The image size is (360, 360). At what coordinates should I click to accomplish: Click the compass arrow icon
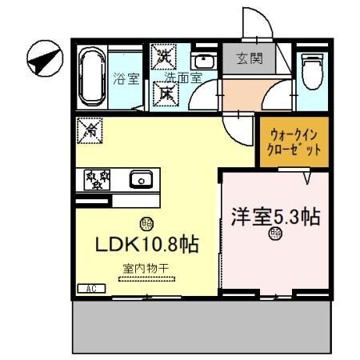[43, 58]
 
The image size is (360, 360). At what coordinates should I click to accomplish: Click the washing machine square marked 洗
[164, 57]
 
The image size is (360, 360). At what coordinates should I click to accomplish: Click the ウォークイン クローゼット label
[294, 142]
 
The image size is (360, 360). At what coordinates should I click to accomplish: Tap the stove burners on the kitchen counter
[96, 178]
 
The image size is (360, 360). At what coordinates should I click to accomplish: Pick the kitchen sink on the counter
[142, 179]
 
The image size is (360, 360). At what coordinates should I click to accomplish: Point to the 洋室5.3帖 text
[276, 217]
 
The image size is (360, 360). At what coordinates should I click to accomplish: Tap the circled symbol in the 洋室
[276, 234]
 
